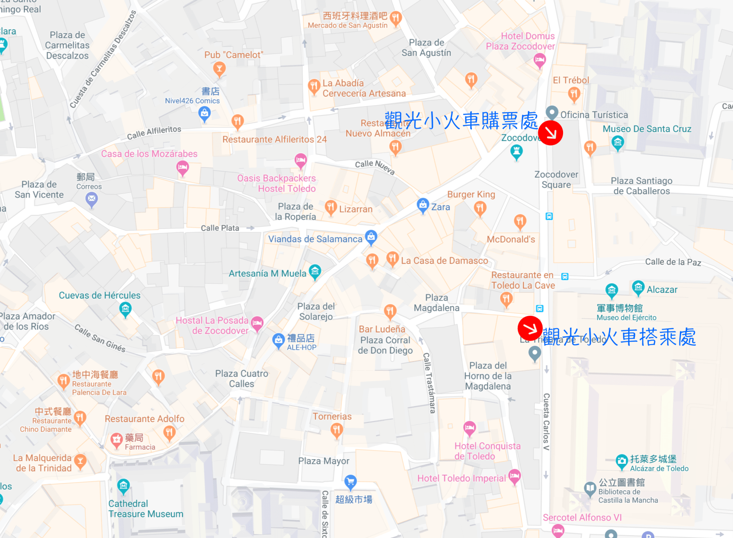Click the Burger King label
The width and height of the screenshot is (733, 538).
(x=471, y=194)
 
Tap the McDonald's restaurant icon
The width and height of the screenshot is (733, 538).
(x=520, y=222)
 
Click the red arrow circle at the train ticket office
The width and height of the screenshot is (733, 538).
(x=550, y=133)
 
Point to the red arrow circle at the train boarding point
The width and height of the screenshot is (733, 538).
(x=530, y=328)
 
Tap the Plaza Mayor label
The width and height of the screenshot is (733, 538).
(x=323, y=461)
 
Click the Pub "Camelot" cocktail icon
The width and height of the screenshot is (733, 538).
(x=219, y=69)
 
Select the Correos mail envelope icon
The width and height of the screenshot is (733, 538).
(x=92, y=199)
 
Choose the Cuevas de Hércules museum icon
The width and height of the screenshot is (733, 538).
(x=125, y=309)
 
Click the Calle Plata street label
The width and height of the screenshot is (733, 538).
(x=220, y=228)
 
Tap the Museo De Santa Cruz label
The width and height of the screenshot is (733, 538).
(x=647, y=129)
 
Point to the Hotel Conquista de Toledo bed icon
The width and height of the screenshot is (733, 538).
(x=469, y=428)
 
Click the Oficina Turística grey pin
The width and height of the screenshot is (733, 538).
(x=552, y=112)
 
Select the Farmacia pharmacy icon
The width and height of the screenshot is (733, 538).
(x=117, y=439)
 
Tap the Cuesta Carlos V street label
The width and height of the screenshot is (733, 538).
(x=546, y=422)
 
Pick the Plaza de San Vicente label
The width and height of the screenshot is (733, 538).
(x=39, y=189)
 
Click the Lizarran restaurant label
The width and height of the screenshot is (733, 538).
(x=356, y=209)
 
